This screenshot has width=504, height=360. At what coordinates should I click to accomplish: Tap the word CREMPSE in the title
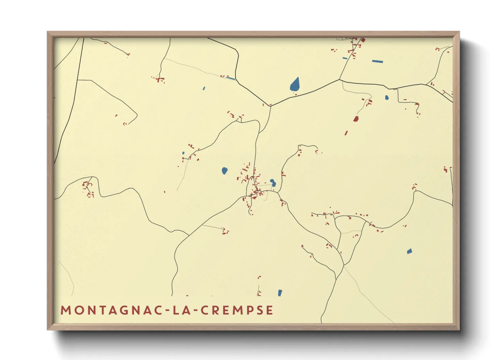(x=237, y=310)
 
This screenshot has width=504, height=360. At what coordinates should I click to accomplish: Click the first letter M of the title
(x=65, y=310)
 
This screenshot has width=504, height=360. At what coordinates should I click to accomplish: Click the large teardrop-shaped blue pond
(x=295, y=84)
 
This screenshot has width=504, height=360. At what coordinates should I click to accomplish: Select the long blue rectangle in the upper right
(x=377, y=62)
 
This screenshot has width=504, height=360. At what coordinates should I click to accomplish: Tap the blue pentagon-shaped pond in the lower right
(x=409, y=251)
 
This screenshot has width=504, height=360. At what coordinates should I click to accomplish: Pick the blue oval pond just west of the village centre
(x=224, y=170)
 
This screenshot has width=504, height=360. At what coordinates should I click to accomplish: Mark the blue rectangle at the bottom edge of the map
(x=280, y=293)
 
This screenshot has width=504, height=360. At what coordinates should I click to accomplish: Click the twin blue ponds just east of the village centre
(x=273, y=183)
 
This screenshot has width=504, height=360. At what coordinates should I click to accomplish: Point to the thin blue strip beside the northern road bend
(x=231, y=78)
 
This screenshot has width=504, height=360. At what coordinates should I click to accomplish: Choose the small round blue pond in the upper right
(x=387, y=98)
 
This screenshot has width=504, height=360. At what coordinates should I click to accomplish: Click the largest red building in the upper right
(x=356, y=119)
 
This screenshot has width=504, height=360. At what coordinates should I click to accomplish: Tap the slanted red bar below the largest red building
(x=346, y=133)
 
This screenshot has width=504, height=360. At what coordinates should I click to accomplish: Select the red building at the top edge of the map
(x=363, y=40)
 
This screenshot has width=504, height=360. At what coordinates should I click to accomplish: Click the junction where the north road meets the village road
(x=270, y=106)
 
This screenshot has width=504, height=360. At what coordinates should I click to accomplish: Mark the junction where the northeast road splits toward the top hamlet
(x=339, y=80)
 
